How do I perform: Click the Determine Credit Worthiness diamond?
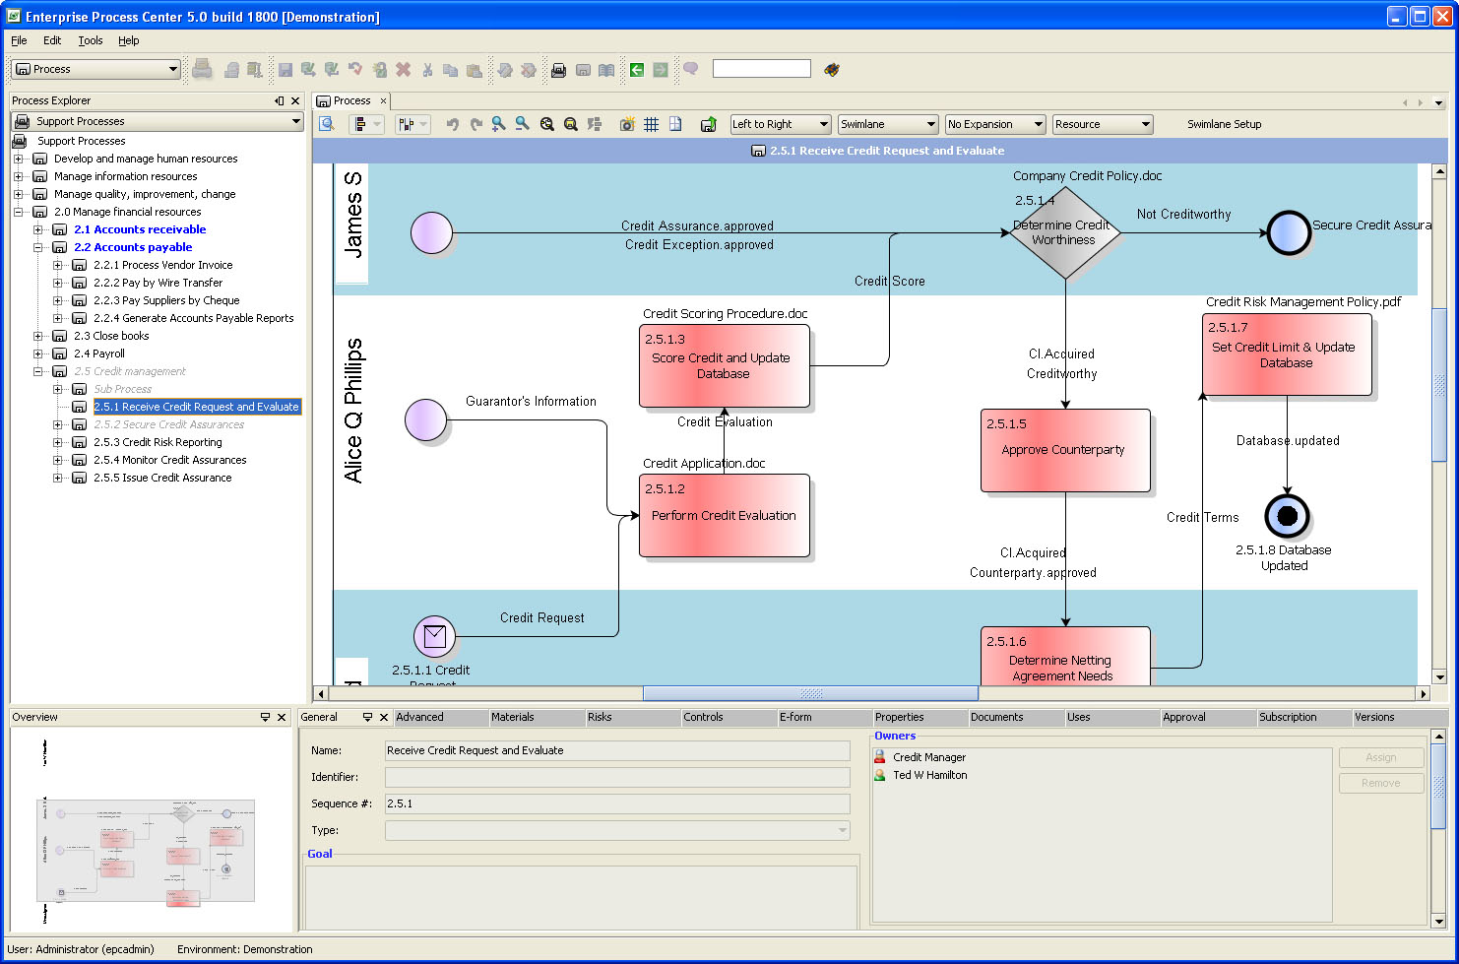1064,233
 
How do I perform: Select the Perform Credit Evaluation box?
724,515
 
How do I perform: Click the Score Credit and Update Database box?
724,365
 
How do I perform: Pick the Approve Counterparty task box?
1064,450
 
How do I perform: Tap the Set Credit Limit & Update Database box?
1286,354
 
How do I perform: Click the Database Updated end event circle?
1287,516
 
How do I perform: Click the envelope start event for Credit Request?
434,636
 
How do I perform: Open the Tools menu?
91,40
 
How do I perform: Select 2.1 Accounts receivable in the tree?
140,229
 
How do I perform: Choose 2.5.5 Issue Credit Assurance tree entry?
162,478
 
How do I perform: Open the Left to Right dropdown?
781,124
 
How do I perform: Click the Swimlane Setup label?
1224,124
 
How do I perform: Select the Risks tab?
600,717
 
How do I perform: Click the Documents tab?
996,717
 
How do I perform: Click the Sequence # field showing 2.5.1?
616,803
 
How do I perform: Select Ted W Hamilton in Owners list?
929,775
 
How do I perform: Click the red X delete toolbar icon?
404,69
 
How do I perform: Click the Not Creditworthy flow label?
1183,214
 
